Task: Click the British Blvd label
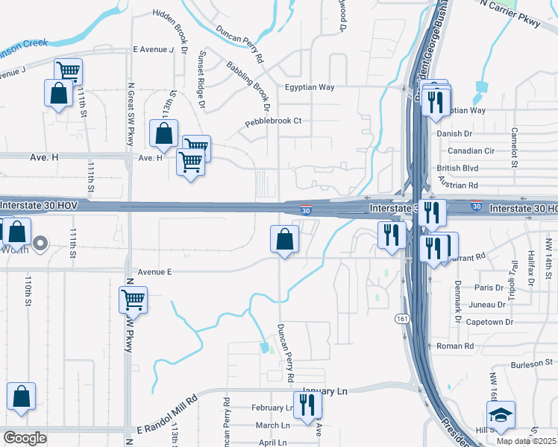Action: pos(458,168)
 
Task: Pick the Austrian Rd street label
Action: pos(457,185)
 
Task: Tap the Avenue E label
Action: pos(154,272)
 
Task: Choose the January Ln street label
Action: pos(326,391)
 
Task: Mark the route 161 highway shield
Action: pos(402,318)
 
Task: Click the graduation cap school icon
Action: pos(501,413)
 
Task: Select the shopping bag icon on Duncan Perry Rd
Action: pos(284,239)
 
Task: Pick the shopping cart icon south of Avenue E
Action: pos(133,299)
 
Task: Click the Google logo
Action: pos(25,438)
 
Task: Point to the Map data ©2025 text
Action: pos(526,441)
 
